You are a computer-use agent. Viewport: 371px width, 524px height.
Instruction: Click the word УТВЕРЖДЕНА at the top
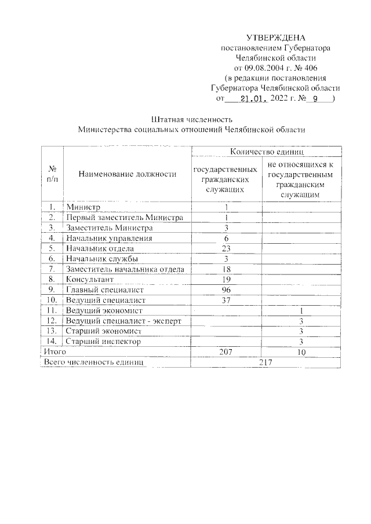275,38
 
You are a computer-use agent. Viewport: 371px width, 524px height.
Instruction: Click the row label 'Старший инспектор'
104,342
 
